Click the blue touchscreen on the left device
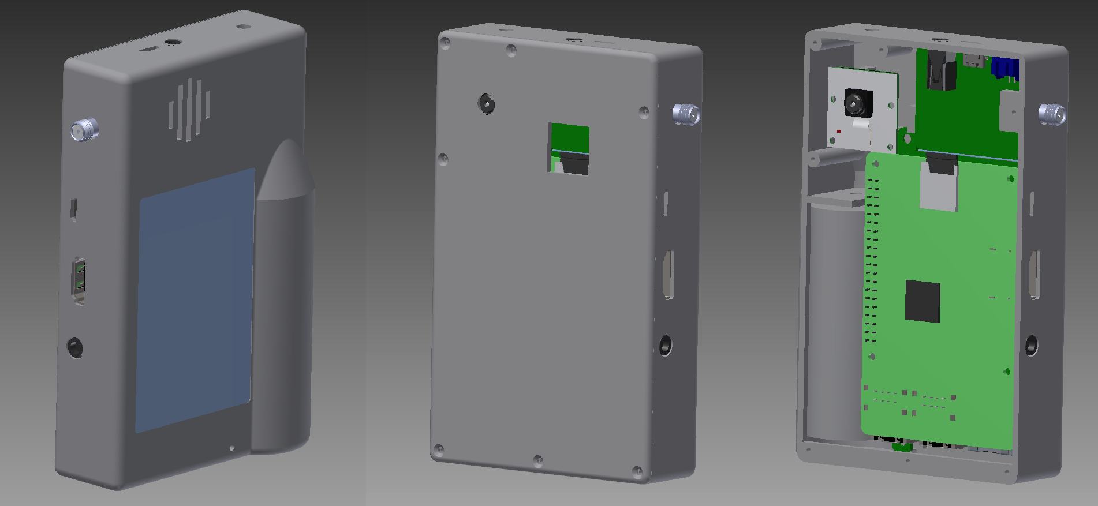pyautogui.click(x=195, y=300)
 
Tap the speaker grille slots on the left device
pyautogui.click(x=189, y=110)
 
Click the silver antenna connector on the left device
pyautogui.click(x=84, y=130)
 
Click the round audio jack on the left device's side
pyautogui.click(x=75, y=347)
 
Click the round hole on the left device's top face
pyautogui.click(x=171, y=42)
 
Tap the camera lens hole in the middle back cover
pyautogui.click(x=486, y=104)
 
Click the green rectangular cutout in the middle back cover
pyautogui.click(x=569, y=148)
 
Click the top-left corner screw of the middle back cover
pyautogui.click(x=445, y=42)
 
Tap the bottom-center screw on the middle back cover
pyautogui.click(x=538, y=460)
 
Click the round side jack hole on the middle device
pyautogui.click(x=666, y=345)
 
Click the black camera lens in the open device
pyautogui.click(x=857, y=103)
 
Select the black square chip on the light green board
pyautogui.click(x=923, y=301)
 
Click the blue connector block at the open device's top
pyautogui.click(x=1005, y=68)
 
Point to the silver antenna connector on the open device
pyautogui.click(x=1052, y=114)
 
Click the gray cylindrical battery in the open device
pyautogui.click(x=833, y=317)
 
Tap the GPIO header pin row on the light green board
pyautogui.click(x=872, y=260)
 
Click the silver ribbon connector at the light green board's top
pyautogui.click(x=938, y=188)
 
